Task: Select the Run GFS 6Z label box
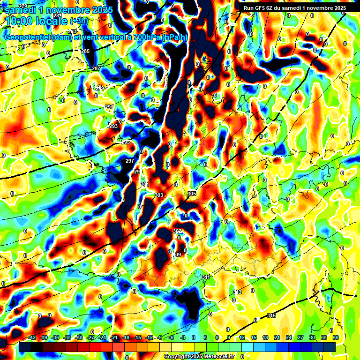point(294,8)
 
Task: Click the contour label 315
point(271,315)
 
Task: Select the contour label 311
point(206,277)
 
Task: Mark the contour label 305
point(191,194)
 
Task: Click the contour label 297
point(130,161)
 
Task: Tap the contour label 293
point(113,126)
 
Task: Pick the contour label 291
point(109,107)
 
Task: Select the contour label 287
point(96,69)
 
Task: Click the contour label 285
point(85,51)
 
